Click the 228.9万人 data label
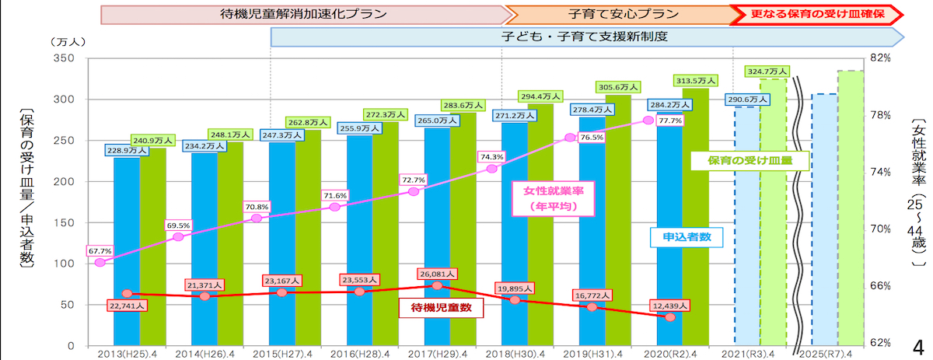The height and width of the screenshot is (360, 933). point(121,149)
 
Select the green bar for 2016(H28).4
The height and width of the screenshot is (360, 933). point(386,233)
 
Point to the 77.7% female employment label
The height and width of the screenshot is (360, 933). point(669,121)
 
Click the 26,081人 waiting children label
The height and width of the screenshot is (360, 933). point(439,274)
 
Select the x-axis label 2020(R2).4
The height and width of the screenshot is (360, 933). point(671,353)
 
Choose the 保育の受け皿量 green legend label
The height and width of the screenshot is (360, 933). point(750,161)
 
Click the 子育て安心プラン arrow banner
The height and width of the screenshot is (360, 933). point(618,13)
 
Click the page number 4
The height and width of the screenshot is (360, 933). point(918,346)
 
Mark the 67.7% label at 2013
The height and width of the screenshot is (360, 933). point(100,251)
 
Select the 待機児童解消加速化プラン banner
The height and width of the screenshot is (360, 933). point(303,13)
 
